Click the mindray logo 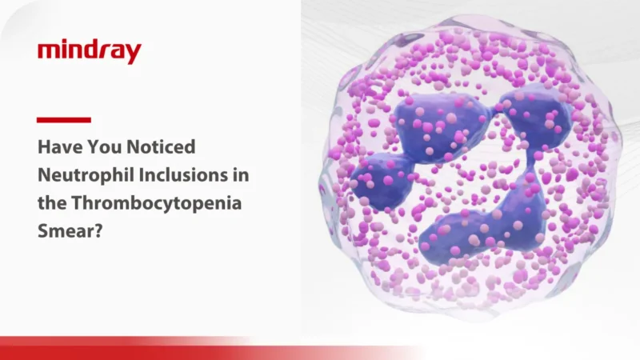(x=90, y=52)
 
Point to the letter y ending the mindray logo (x=134, y=55)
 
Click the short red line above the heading (x=64, y=120)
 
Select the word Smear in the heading (x=65, y=230)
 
